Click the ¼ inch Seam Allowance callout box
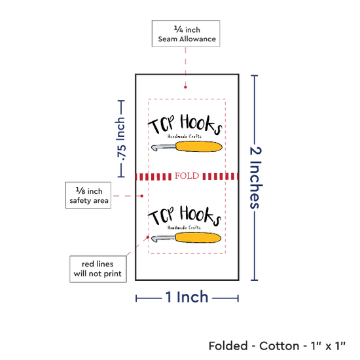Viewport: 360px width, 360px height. click(186, 34)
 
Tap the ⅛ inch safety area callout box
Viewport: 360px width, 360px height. click(88, 196)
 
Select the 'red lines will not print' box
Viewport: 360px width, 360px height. click(98, 269)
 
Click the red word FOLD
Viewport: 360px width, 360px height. click(187, 176)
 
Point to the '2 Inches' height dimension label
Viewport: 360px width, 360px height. click(255, 177)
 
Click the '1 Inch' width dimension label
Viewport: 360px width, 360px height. click(187, 297)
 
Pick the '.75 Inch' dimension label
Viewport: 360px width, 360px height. click(120, 139)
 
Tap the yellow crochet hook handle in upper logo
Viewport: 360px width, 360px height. click(199, 147)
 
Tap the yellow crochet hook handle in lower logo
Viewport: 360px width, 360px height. click(198, 238)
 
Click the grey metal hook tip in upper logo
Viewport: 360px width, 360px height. click(156, 148)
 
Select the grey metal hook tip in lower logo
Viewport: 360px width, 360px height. click(156, 239)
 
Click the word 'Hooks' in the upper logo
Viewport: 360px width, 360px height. click(201, 124)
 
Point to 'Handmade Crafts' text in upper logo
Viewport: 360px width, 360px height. click(185, 136)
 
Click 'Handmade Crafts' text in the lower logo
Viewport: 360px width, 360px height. click(184, 228)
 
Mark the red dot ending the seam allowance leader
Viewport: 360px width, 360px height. click(185, 87)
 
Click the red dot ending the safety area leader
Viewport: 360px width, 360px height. click(142, 196)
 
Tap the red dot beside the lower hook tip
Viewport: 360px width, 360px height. click(148, 237)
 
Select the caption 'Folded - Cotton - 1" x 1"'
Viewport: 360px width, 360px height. click(277, 346)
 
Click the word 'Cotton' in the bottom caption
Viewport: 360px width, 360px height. click(279, 346)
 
